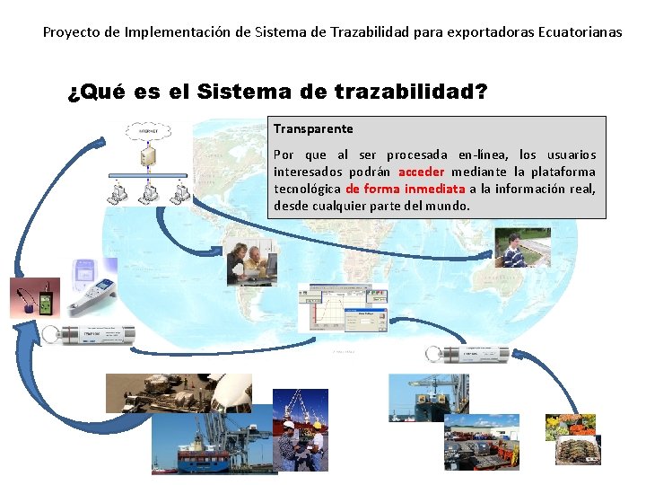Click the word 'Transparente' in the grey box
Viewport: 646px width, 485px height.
point(313,129)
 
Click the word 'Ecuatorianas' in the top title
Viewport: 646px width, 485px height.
point(581,32)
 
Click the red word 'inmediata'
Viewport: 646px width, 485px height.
point(434,189)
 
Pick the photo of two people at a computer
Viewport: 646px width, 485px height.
point(251,262)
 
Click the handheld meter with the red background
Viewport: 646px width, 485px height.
point(35,297)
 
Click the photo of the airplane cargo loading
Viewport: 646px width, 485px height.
point(179,392)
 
